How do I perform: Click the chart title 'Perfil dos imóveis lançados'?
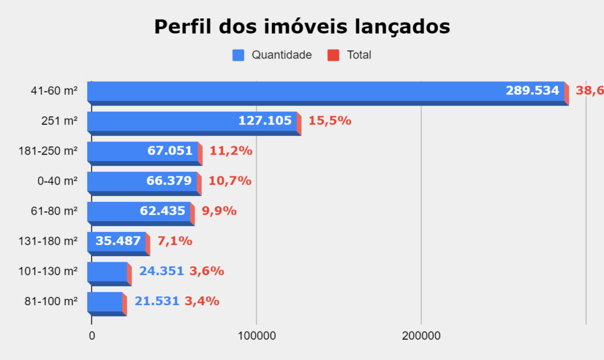[x=302, y=27]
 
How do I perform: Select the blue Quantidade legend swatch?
[x=238, y=55]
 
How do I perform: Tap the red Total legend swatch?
[x=333, y=55]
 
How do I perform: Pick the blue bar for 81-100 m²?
[x=105, y=302]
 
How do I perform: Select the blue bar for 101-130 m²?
[x=107, y=271]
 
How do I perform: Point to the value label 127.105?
[x=265, y=121]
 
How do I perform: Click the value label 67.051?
[x=170, y=151]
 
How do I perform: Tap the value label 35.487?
[x=118, y=241]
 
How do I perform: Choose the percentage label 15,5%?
[x=330, y=121]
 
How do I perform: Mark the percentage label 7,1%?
[x=175, y=241]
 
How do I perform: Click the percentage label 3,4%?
[x=202, y=301]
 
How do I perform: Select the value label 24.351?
[x=162, y=271]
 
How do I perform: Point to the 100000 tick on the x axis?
[x=257, y=336]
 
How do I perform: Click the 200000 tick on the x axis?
[x=421, y=336]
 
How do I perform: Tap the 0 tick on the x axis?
[x=92, y=336]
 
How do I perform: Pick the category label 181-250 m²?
[x=48, y=151]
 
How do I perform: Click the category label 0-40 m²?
[x=57, y=181]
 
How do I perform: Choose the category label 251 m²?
[x=60, y=121]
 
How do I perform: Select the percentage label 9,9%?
[x=219, y=211]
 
